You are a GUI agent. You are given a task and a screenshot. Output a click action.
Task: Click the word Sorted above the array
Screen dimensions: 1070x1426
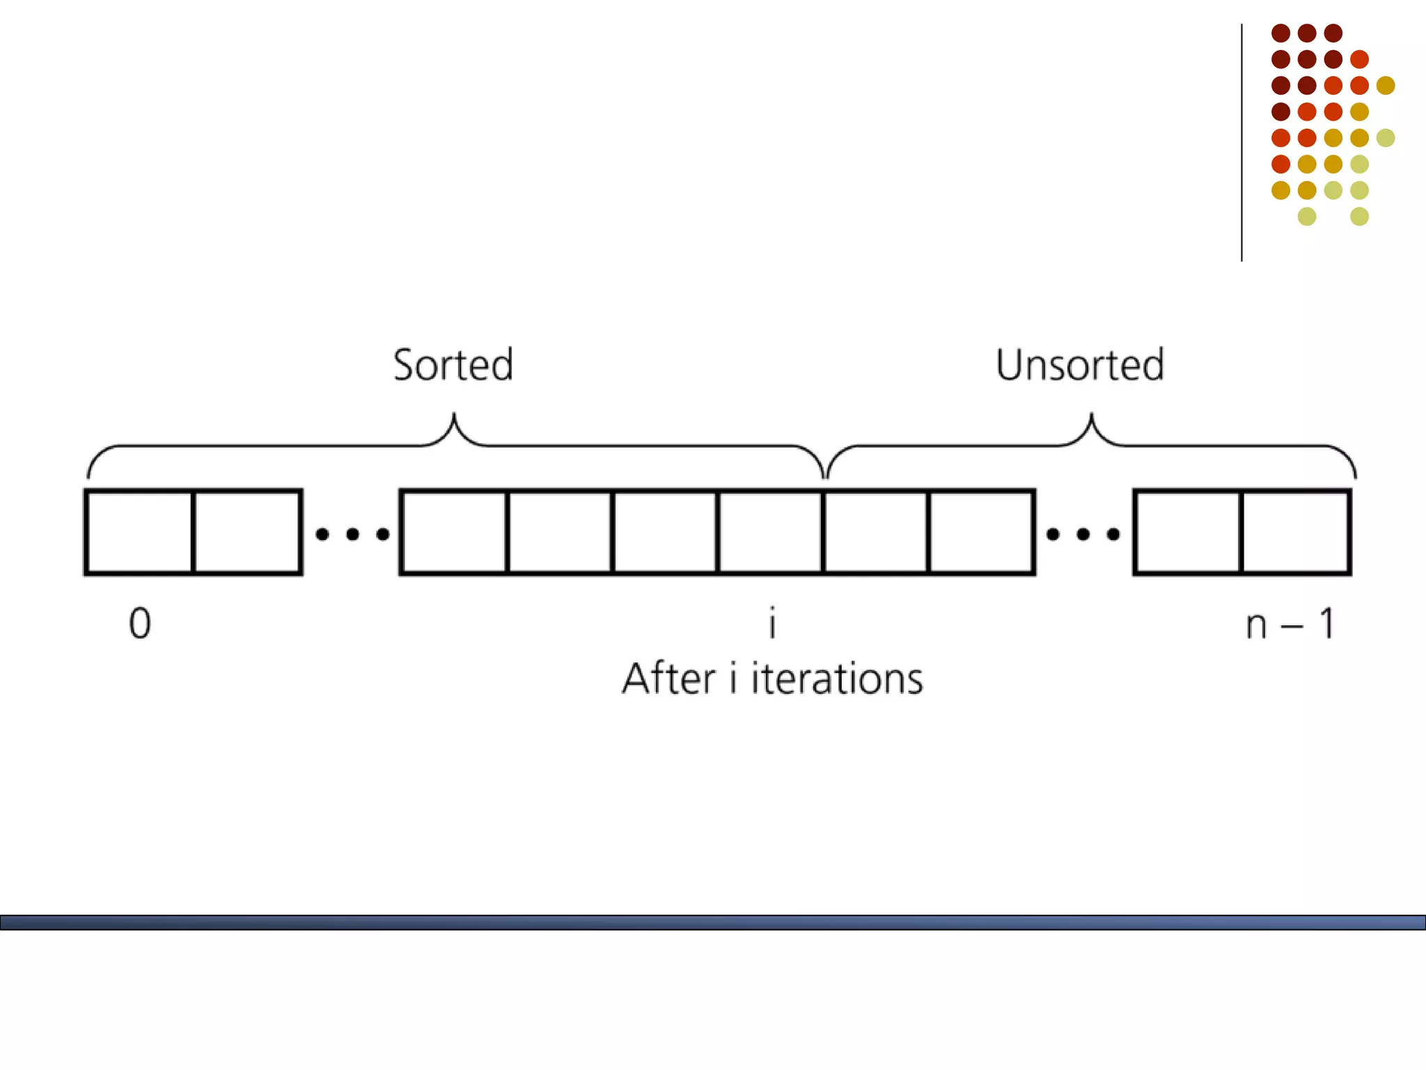click(453, 364)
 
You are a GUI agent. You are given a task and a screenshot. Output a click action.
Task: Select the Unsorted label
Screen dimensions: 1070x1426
click(1079, 364)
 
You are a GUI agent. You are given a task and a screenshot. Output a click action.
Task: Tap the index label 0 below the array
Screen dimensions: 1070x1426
click(140, 623)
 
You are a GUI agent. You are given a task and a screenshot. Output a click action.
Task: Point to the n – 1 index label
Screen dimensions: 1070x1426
click(1290, 623)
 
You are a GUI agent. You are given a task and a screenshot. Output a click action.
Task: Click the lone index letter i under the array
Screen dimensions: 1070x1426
click(772, 623)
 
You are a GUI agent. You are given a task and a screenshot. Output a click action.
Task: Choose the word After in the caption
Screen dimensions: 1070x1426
click(668, 679)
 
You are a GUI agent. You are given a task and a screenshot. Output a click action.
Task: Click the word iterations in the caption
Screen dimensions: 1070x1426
click(837, 679)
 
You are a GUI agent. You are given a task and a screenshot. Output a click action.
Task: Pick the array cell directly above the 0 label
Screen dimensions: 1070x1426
click(139, 532)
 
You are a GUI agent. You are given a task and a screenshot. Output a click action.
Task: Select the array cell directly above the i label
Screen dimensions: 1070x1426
click(770, 532)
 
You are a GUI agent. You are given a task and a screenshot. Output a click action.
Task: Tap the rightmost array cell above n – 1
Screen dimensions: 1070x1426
click(1295, 532)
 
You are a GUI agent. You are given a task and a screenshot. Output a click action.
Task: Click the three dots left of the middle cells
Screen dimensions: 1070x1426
click(352, 534)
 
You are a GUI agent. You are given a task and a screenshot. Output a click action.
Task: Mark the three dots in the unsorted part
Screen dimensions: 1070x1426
click(1083, 534)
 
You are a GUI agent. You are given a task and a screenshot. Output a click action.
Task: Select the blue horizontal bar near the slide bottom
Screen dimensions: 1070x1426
click(713, 922)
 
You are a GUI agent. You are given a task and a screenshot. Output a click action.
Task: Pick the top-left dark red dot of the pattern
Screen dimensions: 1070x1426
click(1280, 33)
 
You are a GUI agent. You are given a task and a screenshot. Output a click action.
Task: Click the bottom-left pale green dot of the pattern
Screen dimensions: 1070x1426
click(1307, 217)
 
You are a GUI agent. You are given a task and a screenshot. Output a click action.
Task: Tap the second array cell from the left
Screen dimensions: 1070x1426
click(247, 532)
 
